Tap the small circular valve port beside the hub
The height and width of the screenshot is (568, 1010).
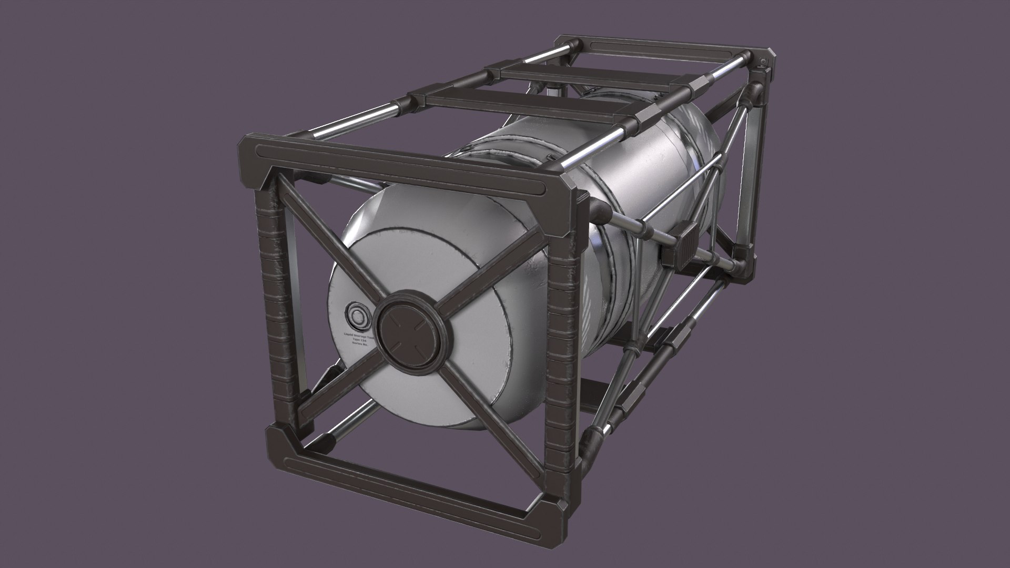[x=358, y=316]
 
